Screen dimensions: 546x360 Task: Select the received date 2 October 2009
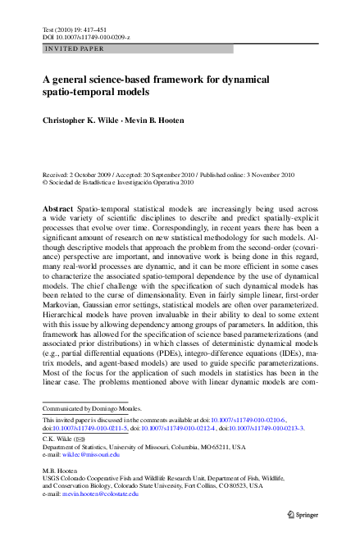92,175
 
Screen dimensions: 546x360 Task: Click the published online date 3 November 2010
276,175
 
